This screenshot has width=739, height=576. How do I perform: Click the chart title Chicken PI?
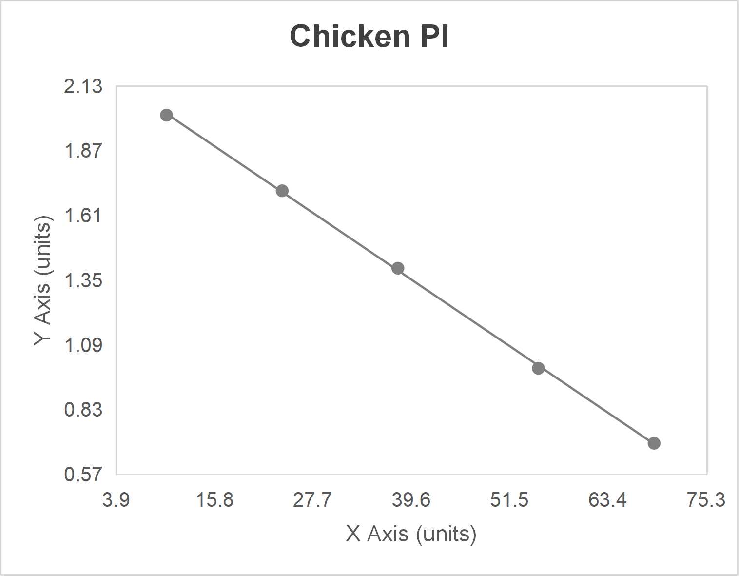[x=369, y=36]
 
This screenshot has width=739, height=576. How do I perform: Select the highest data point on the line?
[x=166, y=115]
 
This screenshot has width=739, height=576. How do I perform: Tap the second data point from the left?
[x=282, y=191]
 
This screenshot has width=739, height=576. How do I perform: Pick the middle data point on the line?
[x=398, y=268]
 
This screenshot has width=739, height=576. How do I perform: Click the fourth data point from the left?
[x=538, y=368]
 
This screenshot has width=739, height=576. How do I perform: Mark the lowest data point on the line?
[x=654, y=443]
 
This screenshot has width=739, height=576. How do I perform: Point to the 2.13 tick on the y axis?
[x=83, y=86]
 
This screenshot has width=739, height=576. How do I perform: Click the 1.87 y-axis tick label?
[x=83, y=151]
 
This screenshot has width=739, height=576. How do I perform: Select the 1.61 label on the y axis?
[x=83, y=216]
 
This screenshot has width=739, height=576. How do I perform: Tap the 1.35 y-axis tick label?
[x=83, y=280]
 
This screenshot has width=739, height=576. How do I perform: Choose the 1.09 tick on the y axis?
[x=83, y=345]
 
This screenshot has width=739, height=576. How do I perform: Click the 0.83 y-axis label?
[x=83, y=409]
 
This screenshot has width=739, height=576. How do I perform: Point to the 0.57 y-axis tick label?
[x=83, y=474]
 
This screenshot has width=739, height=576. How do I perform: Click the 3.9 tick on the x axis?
[x=116, y=500]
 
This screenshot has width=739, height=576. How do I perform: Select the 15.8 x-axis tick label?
[x=214, y=500]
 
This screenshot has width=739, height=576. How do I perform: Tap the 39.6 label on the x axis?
[x=411, y=500]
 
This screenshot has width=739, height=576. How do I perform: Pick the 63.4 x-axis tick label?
[x=608, y=500]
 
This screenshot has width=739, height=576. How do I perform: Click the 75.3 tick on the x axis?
[x=706, y=500]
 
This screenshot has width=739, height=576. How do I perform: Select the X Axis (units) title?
[x=411, y=534]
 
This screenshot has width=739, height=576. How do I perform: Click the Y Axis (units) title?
[x=43, y=280]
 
